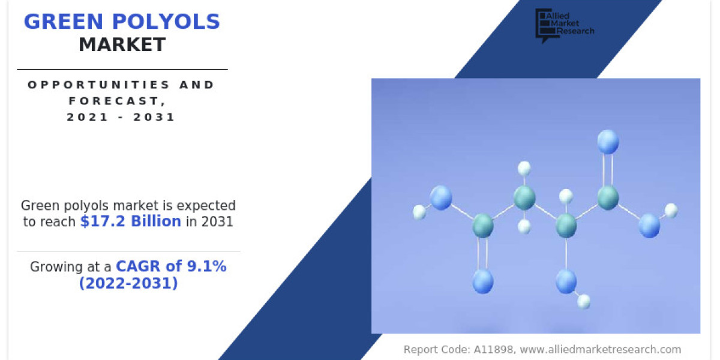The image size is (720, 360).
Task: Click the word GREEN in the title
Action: point(64,22)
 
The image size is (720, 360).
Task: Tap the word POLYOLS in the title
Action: point(166,22)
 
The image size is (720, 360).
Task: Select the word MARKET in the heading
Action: point(122,44)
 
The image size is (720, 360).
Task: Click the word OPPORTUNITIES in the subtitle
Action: point(98,85)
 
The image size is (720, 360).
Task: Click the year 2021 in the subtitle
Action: point(87,117)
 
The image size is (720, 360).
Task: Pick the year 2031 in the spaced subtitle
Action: point(154,117)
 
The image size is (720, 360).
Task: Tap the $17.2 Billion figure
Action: point(131,221)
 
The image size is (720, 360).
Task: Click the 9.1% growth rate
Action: point(206,266)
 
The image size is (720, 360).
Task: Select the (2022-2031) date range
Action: point(128,283)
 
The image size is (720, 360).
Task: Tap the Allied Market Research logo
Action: point(565,25)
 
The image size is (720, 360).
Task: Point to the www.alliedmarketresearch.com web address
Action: point(601,349)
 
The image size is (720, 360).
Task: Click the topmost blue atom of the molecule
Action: point(608,142)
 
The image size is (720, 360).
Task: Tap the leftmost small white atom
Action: point(419,212)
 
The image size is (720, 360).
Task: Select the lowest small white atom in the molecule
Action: point(583,301)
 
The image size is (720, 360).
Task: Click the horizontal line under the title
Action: point(122,69)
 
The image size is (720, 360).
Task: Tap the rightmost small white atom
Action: point(671,211)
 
